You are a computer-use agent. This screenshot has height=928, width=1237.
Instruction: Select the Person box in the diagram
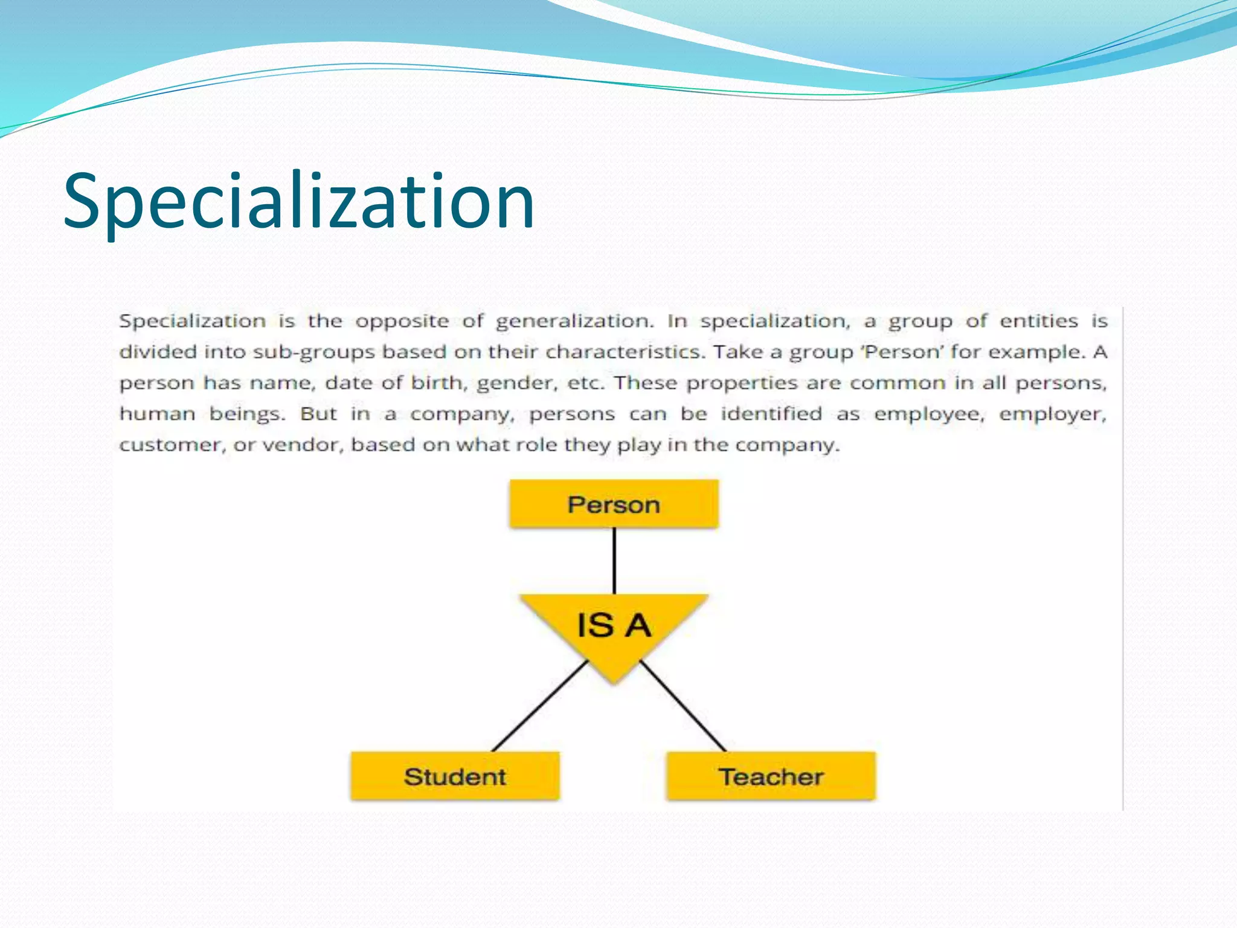tap(614, 504)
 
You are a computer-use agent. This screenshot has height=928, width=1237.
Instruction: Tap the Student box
tap(455, 776)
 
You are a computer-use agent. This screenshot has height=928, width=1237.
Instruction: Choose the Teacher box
tap(771, 776)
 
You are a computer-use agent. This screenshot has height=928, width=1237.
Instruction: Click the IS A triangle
tap(614, 628)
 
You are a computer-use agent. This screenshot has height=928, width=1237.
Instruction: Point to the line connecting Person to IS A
tap(614, 561)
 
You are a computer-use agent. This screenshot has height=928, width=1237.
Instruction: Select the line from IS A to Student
tap(539, 706)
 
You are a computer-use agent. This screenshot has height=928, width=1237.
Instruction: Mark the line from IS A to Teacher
tap(683, 706)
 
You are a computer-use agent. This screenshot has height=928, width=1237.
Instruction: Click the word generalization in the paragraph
tap(574, 321)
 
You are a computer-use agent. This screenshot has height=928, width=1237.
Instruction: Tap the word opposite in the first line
tap(402, 321)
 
